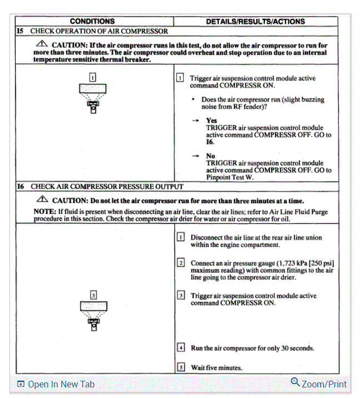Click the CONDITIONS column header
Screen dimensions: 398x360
(x=92, y=22)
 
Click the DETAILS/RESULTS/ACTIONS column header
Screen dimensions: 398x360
(x=255, y=22)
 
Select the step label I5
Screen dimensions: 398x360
(x=21, y=31)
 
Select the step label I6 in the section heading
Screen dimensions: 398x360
(x=21, y=187)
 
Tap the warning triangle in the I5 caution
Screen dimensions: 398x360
(x=42, y=44)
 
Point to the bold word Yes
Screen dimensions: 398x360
(x=211, y=120)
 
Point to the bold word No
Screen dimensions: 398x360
(x=211, y=156)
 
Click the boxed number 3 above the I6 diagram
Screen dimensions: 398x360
(x=93, y=295)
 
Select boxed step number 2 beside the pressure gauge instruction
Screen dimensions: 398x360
(x=181, y=263)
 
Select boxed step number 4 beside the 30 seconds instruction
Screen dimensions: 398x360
(x=181, y=348)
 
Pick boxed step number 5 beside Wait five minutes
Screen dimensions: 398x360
(x=181, y=367)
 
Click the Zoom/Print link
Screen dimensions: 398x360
(x=324, y=384)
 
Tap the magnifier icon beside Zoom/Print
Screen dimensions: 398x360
(x=295, y=382)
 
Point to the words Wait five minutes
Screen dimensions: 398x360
(x=217, y=367)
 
